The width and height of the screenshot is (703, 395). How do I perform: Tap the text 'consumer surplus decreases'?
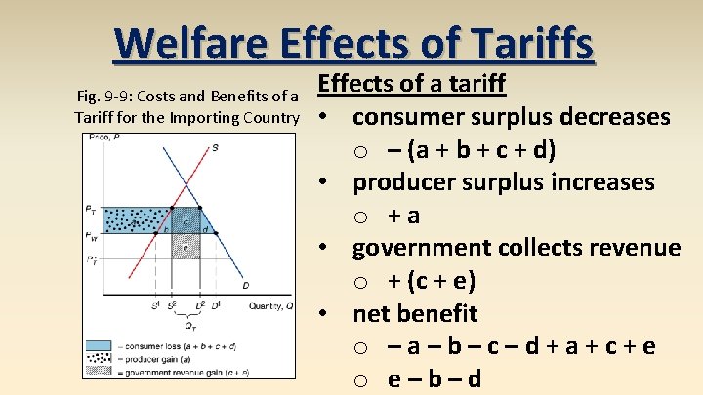coord(511,117)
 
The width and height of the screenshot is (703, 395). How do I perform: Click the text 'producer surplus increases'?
coord(503,182)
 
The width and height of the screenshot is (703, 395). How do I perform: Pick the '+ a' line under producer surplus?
coord(403,215)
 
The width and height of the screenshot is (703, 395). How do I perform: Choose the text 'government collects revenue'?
coord(516,248)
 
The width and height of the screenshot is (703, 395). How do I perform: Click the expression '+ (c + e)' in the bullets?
coord(431,281)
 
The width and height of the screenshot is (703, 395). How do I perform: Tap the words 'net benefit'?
coord(415,313)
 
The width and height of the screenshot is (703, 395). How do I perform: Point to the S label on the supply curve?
coord(215,147)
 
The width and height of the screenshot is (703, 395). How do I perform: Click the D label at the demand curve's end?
coord(245,286)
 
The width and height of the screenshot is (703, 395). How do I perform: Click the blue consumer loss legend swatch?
coord(100,346)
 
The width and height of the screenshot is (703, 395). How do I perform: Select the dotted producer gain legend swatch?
coord(100,359)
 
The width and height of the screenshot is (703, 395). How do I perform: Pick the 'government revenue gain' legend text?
coord(185,372)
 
